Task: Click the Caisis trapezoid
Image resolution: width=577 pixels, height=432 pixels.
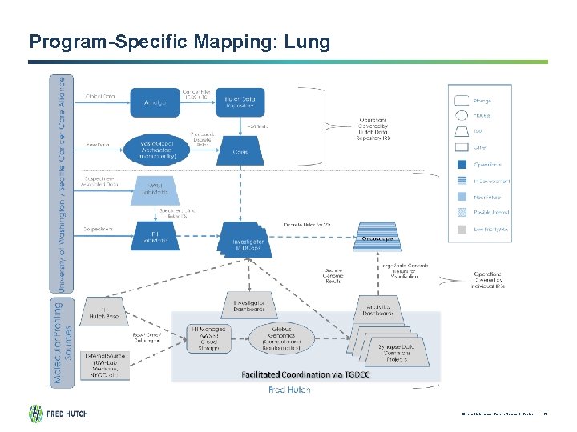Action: [x=238, y=150]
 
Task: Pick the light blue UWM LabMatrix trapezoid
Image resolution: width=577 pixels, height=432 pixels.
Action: [x=155, y=190]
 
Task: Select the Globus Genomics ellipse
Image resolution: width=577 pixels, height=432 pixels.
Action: [x=284, y=339]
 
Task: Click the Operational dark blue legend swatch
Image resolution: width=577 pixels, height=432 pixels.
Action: [x=461, y=163]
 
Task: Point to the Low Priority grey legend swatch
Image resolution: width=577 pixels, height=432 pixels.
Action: [x=461, y=230]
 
